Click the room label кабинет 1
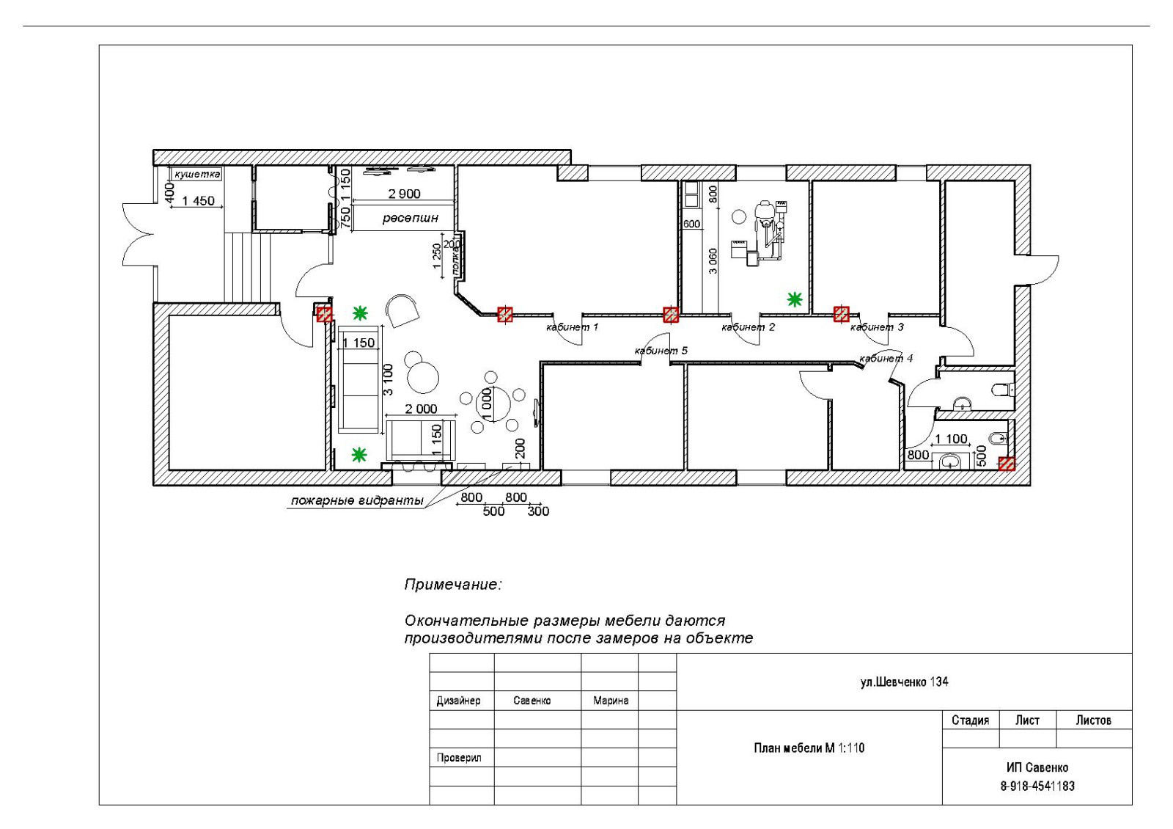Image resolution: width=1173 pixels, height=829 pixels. click(572, 327)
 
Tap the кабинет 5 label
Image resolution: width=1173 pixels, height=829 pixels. click(661, 351)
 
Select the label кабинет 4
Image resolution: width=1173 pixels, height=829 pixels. click(886, 359)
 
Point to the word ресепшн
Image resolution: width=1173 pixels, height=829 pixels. click(410, 217)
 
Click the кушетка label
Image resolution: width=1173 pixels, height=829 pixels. click(197, 173)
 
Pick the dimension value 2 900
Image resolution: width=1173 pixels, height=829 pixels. click(404, 194)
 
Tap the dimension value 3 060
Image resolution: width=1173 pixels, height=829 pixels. click(713, 261)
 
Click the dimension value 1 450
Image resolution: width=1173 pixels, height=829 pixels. click(199, 201)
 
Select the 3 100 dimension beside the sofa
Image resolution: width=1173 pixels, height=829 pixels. click(388, 379)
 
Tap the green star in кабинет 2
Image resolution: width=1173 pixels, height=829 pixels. click(795, 299)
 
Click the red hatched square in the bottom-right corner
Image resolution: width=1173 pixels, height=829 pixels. click(1007, 464)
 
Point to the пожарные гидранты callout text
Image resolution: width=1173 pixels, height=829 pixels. click(357, 500)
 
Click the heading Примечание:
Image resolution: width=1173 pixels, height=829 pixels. click(453, 584)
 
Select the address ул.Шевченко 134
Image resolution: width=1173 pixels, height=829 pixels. click(905, 682)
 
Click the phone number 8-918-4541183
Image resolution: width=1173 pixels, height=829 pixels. click(1037, 786)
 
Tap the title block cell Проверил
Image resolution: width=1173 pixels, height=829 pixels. click(459, 758)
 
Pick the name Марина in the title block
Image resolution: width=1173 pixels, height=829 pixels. click(611, 701)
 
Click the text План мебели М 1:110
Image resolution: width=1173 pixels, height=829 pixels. click(809, 748)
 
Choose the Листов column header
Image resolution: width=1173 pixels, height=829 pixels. click(1093, 720)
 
